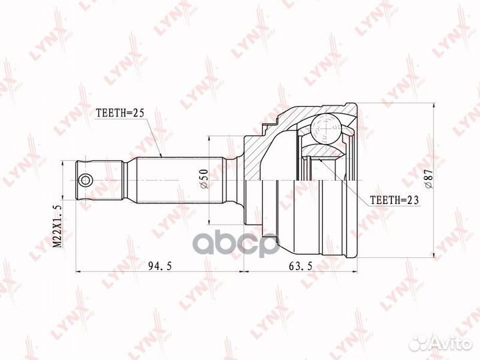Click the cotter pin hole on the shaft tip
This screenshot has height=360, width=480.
[84, 180]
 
